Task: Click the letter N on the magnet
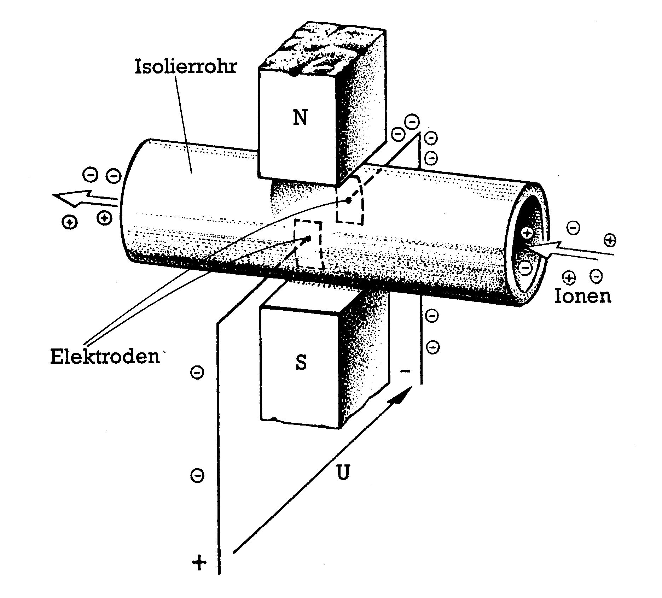[x=300, y=117]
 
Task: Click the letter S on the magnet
[x=301, y=362]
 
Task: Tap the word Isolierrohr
[x=185, y=67]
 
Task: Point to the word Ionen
[x=582, y=296]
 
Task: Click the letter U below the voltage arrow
[x=342, y=473]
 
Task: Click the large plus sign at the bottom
[x=199, y=562]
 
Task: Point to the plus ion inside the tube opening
[x=527, y=233]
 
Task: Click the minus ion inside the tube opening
[x=526, y=268]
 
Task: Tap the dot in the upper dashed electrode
[x=349, y=200]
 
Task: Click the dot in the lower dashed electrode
[x=309, y=239]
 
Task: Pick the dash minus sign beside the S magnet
[x=405, y=371]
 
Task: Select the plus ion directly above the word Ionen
[x=569, y=277]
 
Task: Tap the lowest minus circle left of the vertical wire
[x=197, y=475]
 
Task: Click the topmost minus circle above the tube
[x=412, y=122]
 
